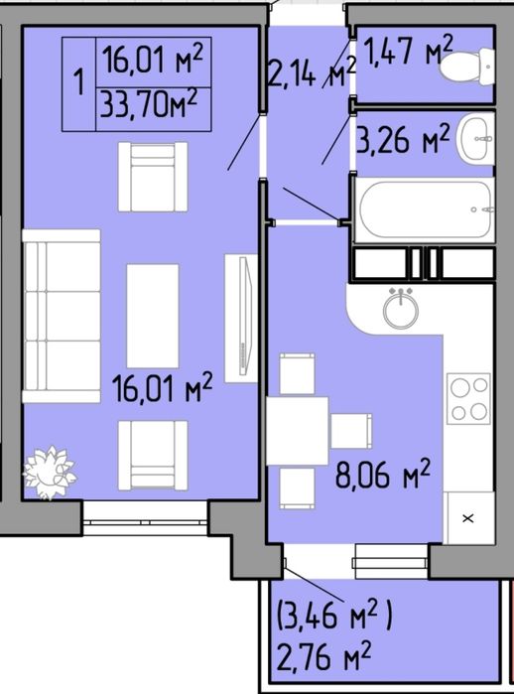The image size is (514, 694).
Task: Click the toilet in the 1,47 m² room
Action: [x=468, y=67]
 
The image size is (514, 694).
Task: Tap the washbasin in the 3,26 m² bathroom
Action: [x=476, y=139]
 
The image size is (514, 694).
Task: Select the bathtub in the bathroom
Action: [x=426, y=209]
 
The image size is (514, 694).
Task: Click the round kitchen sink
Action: [x=401, y=309]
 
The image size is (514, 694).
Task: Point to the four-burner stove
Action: [x=468, y=397]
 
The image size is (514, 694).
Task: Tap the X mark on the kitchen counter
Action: [x=468, y=518]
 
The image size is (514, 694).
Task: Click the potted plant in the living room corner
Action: [x=50, y=473]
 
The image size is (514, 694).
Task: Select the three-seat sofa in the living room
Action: [x=62, y=316]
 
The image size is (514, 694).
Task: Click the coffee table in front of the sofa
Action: [x=153, y=316]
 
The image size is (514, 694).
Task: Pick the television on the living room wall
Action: [x=241, y=318]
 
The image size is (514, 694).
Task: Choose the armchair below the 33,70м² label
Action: [x=153, y=177]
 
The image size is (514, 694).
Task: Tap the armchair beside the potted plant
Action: [x=153, y=455]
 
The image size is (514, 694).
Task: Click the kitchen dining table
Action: [x=298, y=431]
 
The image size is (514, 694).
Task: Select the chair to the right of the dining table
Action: [x=351, y=431]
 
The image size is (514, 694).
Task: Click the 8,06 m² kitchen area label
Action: [x=383, y=475]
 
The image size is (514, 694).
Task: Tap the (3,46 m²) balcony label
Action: [x=334, y=616]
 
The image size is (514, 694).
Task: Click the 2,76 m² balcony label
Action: [x=323, y=656]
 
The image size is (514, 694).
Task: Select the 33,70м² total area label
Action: [x=148, y=105]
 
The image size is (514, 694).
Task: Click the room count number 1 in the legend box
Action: [x=79, y=82]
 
